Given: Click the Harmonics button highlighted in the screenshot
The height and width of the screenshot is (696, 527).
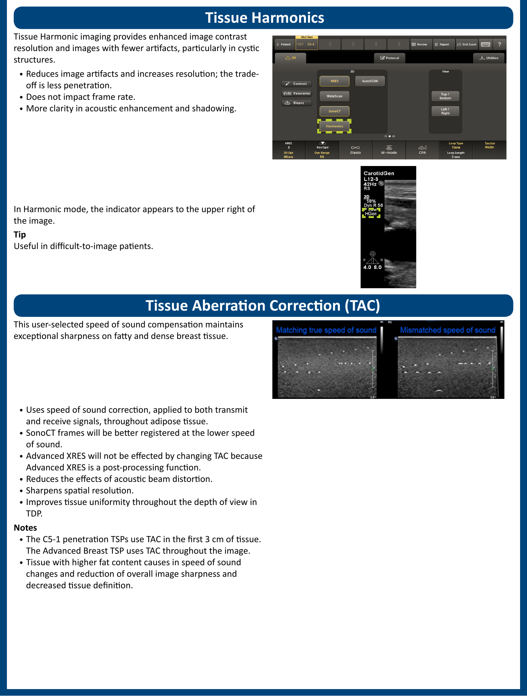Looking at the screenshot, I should coord(334,126).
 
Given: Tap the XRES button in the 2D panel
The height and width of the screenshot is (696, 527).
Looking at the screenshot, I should coord(334,81).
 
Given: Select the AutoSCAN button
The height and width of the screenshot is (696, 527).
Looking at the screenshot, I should coord(370,81).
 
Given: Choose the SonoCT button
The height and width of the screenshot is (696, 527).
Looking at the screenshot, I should coord(334,111).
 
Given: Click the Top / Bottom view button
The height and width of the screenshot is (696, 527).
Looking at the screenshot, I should coord(445,96).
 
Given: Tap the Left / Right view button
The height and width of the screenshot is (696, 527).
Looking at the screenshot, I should coord(445,111).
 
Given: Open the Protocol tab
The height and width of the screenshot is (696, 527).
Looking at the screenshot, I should coord(390,58).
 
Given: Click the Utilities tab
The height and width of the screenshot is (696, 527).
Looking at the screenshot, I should coord(489,58).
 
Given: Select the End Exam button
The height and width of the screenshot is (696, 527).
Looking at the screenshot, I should coord(467,44).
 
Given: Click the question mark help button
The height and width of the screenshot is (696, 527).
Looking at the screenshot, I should coord(499,44).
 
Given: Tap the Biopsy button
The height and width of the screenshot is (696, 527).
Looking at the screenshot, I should coord(296,103).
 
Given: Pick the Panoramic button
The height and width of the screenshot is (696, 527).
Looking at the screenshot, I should coord(297,94).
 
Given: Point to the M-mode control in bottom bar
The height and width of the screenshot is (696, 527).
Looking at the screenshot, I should coord(389,150).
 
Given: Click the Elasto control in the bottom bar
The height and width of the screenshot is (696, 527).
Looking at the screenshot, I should coord(355,150).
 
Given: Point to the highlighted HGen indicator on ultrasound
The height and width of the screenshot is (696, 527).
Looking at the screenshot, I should coord(371,213).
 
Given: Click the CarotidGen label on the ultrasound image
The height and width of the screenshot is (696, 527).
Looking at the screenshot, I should coord(379,173).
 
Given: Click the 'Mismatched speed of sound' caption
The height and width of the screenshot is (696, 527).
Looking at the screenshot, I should coord(447,330).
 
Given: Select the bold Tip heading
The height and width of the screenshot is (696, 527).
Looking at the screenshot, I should coord(20,235).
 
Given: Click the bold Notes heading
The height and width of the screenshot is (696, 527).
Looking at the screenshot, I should coord(25,528).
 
